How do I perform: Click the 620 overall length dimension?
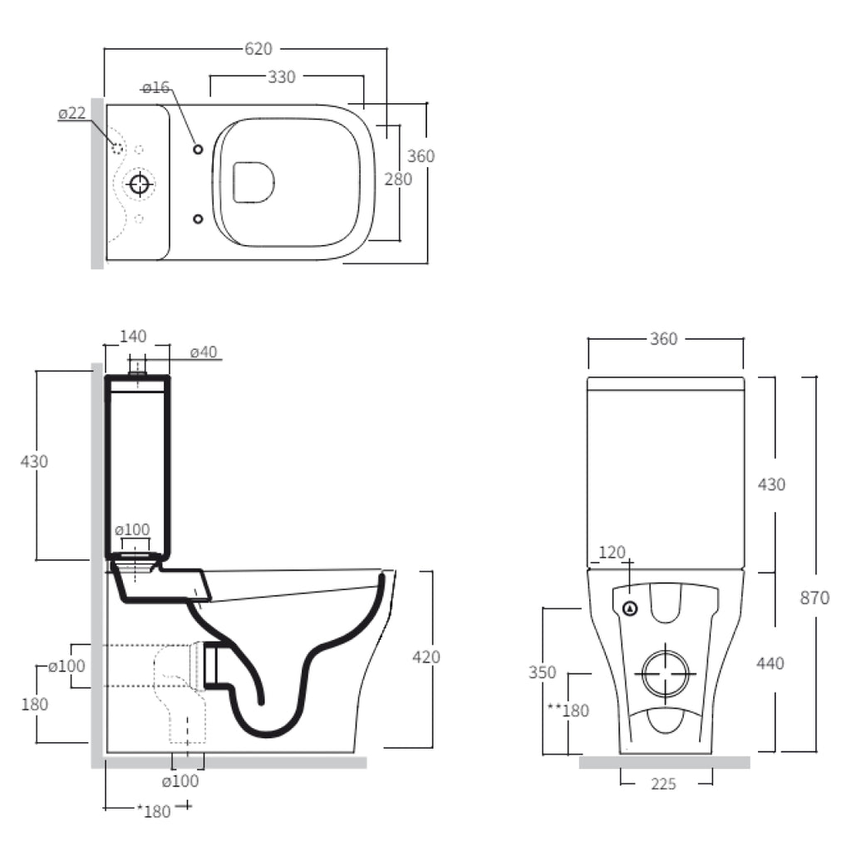pyautogui.click(x=258, y=49)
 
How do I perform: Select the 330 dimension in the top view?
pyautogui.click(x=282, y=77)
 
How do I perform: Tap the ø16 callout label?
pyautogui.click(x=155, y=87)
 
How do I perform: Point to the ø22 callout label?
pyautogui.click(x=72, y=113)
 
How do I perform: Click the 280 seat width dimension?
pyautogui.click(x=398, y=180)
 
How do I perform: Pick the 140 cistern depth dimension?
pyautogui.click(x=133, y=337)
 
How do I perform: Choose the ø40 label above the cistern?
pyautogui.click(x=204, y=352)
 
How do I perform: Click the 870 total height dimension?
pyautogui.click(x=814, y=598)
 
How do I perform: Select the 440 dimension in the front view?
pyautogui.click(x=770, y=663)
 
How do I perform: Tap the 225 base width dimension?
pyautogui.click(x=663, y=784)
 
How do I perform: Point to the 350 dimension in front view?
pyautogui.click(x=542, y=672)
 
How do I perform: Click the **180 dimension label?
pyautogui.click(x=568, y=711)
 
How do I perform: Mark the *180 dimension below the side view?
pyautogui.click(x=154, y=811)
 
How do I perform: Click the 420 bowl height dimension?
pyautogui.click(x=426, y=657)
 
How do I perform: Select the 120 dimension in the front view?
pyautogui.click(x=612, y=553)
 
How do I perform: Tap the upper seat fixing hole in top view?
pyautogui.click(x=198, y=150)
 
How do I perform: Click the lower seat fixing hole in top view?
pyautogui.click(x=198, y=219)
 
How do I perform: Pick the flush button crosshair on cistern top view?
pyautogui.click(x=140, y=184)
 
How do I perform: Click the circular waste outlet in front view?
pyautogui.click(x=666, y=674)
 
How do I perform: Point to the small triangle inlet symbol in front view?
pyautogui.click(x=630, y=609)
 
